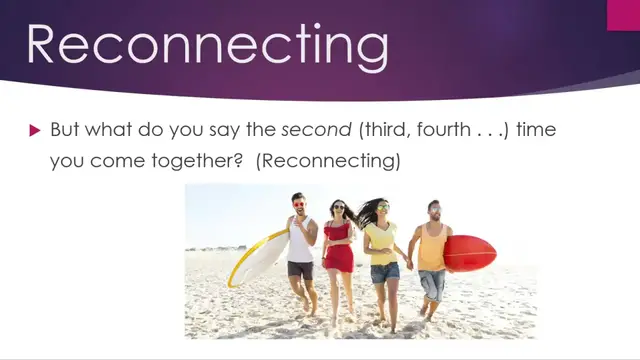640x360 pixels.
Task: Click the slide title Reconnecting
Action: pos(207,47)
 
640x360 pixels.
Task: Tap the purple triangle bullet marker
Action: pos(34,130)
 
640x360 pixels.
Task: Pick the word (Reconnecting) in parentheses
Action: pos(327,160)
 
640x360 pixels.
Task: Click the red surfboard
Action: pos(470,253)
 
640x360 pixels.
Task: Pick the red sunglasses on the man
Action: pos(298,204)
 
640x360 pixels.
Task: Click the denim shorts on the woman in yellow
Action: pos(385,272)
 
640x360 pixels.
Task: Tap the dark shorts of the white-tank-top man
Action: pos(300,269)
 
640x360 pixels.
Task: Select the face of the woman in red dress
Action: pos(338,210)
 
